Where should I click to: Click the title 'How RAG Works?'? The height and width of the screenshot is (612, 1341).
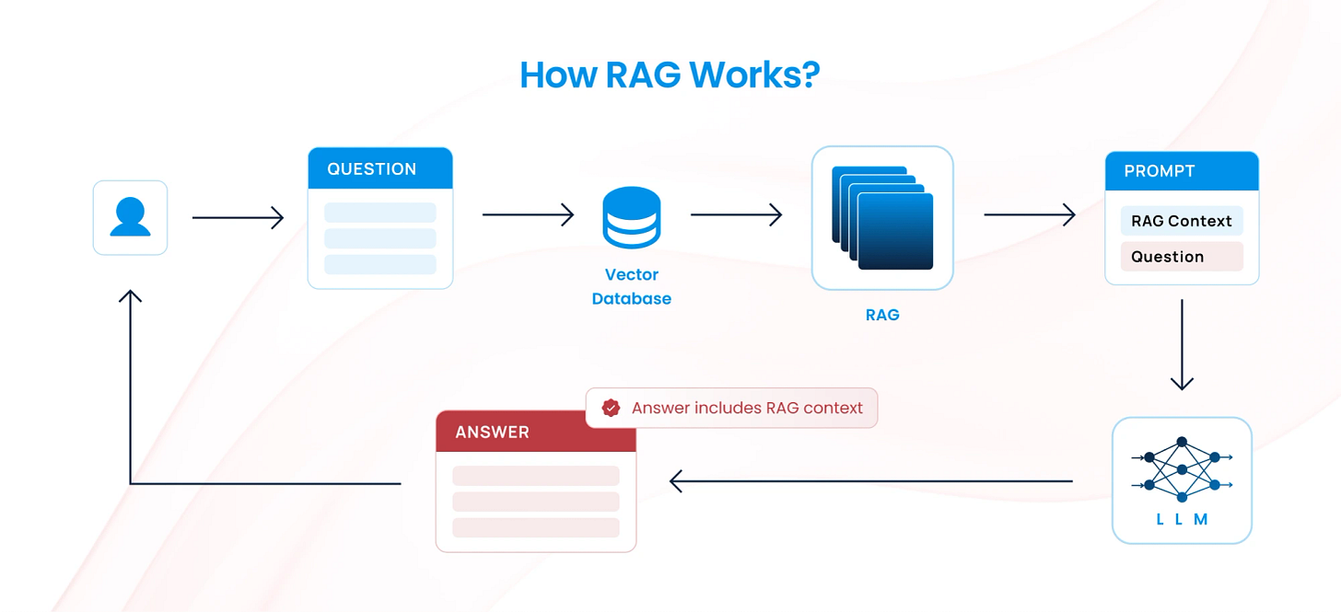click(670, 75)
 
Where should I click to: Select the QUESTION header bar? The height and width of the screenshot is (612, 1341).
click(379, 168)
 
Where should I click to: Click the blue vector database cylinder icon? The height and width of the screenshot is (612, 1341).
click(631, 217)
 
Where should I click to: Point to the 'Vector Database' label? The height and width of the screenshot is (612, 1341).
click(631, 286)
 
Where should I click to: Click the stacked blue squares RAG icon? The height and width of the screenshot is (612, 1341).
click(882, 217)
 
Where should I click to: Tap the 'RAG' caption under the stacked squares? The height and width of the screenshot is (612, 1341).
click(882, 315)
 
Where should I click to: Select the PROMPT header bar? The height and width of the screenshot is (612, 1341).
click(1182, 171)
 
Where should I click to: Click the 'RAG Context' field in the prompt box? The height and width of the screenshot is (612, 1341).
click(1182, 221)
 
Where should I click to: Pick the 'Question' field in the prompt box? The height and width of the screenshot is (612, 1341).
click(1182, 257)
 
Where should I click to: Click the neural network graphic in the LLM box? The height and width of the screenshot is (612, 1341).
click(1182, 470)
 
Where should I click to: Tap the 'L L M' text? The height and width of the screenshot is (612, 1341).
click(1182, 519)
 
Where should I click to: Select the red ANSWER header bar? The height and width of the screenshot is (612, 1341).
click(535, 432)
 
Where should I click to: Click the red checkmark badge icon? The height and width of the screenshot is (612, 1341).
click(611, 408)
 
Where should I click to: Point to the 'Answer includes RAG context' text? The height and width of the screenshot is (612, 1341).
click(747, 408)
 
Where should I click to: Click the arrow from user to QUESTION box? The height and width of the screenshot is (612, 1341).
click(238, 218)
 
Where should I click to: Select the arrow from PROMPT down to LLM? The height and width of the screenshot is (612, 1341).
click(1182, 344)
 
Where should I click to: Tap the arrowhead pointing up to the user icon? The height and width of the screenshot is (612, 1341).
click(130, 296)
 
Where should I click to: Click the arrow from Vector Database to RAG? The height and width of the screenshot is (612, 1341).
click(736, 215)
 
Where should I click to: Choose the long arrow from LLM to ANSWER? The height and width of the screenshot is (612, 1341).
click(870, 480)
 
